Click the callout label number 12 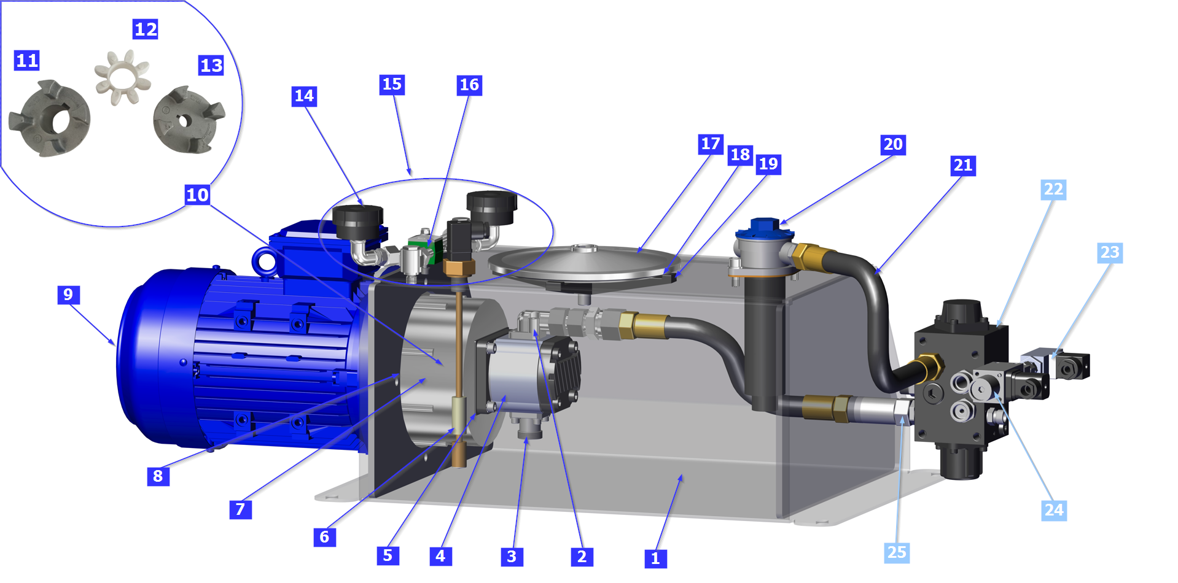point(146,29)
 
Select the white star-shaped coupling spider point(122,77)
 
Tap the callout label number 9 point(68,295)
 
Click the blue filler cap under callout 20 point(765,229)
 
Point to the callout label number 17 point(711,144)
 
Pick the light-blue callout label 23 point(1110,253)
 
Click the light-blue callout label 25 point(897,552)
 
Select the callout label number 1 point(656,558)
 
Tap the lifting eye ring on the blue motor point(265,261)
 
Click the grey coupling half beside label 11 point(50,118)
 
